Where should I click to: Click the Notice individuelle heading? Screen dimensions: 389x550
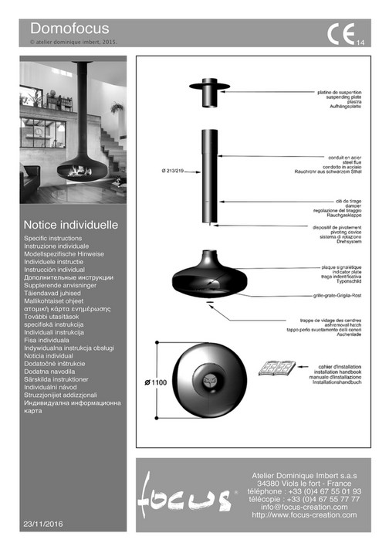pos(71,226)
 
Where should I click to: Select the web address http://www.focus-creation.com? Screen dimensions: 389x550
pos(305,515)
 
